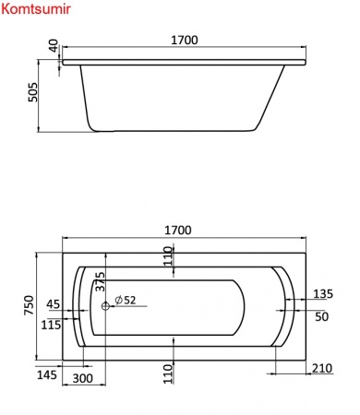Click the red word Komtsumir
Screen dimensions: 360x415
pos(36,9)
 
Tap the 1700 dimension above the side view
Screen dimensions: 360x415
pos(185,41)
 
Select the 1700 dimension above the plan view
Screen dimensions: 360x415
pos(178,230)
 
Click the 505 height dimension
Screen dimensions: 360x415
pos(32,92)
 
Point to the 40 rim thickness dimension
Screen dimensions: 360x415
pos(54,45)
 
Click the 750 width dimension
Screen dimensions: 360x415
pos(29,305)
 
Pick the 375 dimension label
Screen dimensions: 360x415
pos(100,281)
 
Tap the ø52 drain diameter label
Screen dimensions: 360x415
pos(126,300)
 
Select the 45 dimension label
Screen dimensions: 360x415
pos(54,304)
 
